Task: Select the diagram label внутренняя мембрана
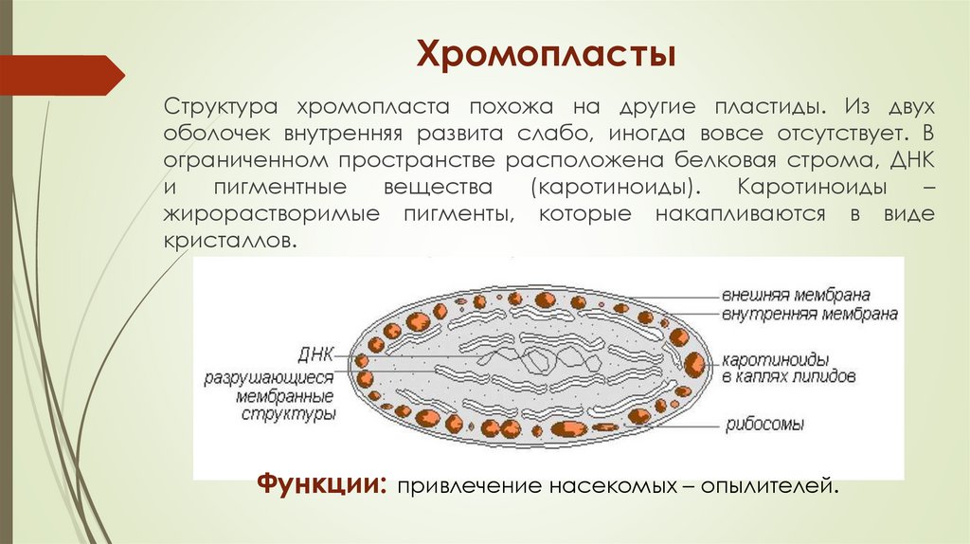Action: pos(809,314)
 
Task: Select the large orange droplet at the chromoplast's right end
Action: pos(694,363)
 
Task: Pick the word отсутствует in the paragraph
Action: pos(828,129)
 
